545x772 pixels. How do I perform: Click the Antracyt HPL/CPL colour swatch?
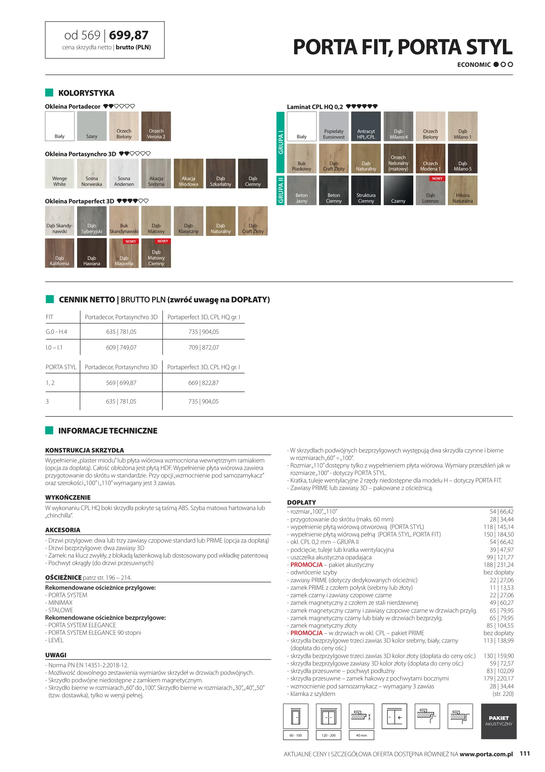click(x=366, y=126)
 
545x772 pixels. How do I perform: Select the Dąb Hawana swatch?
click(x=92, y=253)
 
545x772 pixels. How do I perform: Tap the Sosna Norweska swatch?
click(x=92, y=173)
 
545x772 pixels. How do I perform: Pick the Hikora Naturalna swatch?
click(x=463, y=190)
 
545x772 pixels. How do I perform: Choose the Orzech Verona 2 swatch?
click(x=156, y=126)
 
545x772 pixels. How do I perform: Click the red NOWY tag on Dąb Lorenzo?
click(x=437, y=179)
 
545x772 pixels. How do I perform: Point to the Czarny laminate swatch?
click(x=398, y=190)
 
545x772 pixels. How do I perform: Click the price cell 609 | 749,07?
click(x=121, y=347)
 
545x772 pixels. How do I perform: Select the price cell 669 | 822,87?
click(x=203, y=383)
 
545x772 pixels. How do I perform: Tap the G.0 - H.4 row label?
click(x=56, y=332)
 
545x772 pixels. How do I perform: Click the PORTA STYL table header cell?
click(x=61, y=367)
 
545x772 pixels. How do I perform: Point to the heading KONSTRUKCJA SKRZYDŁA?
click(x=85, y=450)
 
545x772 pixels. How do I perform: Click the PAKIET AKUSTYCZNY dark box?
click(x=499, y=721)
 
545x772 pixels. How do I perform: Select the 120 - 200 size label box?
click(x=328, y=735)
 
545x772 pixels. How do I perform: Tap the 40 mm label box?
click(x=361, y=735)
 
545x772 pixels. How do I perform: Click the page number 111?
click(x=525, y=753)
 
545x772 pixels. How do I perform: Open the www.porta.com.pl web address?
click(x=486, y=754)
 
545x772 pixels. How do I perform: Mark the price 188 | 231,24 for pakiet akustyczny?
click(x=499, y=565)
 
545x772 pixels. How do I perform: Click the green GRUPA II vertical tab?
click(x=281, y=190)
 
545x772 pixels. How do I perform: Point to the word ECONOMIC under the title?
click(x=474, y=65)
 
